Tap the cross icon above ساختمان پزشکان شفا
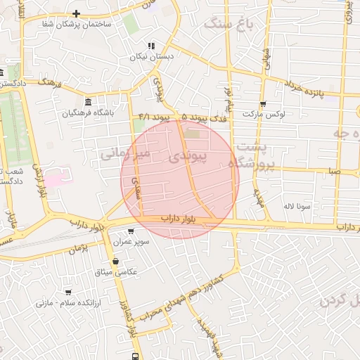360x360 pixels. (x=76, y=13)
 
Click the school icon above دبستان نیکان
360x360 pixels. (x=151, y=46)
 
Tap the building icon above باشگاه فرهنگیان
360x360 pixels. (x=88, y=100)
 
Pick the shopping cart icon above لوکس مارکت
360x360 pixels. (x=262, y=103)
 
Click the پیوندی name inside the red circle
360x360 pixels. (x=186, y=160)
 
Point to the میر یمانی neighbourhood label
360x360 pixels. (x=124, y=153)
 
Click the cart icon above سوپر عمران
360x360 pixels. (x=131, y=231)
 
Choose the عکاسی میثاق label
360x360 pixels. (x=115, y=272)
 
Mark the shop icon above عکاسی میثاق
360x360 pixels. (x=115, y=261)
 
